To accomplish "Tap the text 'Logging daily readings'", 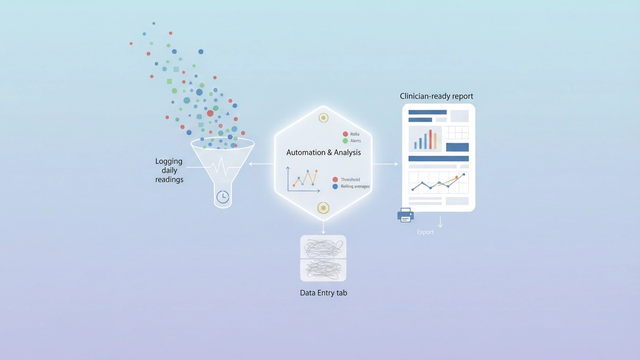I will tap(169, 169).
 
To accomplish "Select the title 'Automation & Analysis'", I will tap(322, 152).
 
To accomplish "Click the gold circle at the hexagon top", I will tap(323, 118).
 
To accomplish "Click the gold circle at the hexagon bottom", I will tap(323, 208).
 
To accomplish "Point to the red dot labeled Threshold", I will tap(335, 179).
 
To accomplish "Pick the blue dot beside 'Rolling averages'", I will tap(335, 187).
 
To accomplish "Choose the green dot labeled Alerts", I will tap(345, 141).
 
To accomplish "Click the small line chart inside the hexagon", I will tap(304, 179).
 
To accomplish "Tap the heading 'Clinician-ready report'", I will tap(436, 96).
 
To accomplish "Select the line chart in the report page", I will tap(438, 183).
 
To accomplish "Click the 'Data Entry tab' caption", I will tap(323, 293).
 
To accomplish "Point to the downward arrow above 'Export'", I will tap(440, 221).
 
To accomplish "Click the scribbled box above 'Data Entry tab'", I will tap(323, 257).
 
